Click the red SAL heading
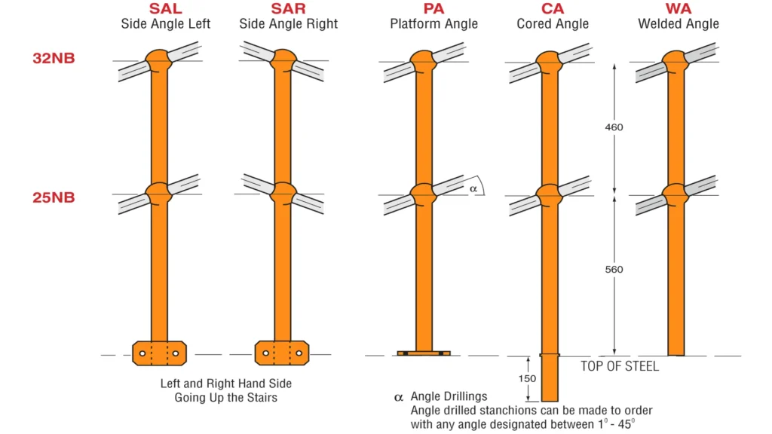(x=165, y=9)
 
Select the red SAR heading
(x=288, y=9)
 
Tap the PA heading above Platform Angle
(x=433, y=9)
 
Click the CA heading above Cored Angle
(x=552, y=9)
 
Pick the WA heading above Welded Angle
(x=678, y=9)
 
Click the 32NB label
(x=54, y=58)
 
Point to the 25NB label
(x=54, y=197)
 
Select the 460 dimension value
(x=614, y=127)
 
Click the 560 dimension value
(x=614, y=269)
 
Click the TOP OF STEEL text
(x=620, y=366)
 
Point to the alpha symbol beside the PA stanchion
(x=473, y=188)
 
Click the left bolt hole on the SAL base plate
(x=142, y=353)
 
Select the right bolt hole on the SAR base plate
(x=299, y=353)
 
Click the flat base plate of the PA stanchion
(x=424, y=353)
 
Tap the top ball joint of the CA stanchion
(x=550, y=60)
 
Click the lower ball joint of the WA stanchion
(x=676, y=193)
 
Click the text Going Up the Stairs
(x=225, y=397)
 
